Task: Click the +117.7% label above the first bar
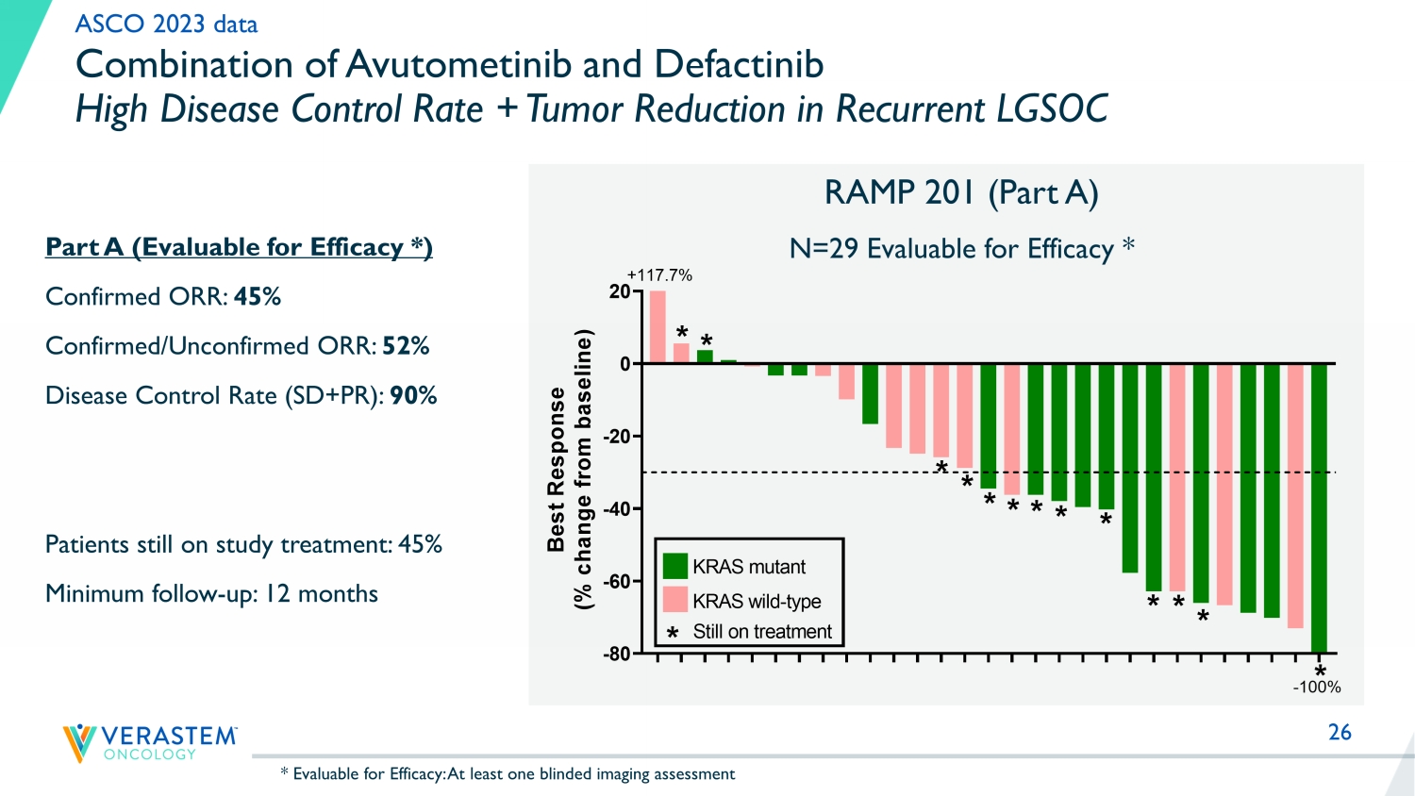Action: click(x=659, y=275)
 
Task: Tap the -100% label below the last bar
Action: click(x=1316, y=688)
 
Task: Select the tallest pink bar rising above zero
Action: click(x=658, y=326)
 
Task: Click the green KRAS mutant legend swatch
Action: click(x=675, y=566)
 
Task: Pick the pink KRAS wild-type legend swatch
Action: click(x=675, y=600)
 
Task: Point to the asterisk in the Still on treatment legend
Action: click(x=673, y=633)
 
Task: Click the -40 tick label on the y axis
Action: click(x=617, y=509)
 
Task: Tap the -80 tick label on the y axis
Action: click(x=617, y=654)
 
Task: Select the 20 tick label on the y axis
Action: click(x=620, y=291)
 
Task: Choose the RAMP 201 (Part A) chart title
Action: click(x=961, y=192)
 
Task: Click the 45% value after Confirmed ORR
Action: click(x=258, y=297)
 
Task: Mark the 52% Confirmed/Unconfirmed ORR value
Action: click(x=406, y=346)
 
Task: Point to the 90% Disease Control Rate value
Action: click(x=413, y=396)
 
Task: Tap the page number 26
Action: click(x=1340, y=732)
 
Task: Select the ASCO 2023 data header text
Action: click(x=166, y=25)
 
